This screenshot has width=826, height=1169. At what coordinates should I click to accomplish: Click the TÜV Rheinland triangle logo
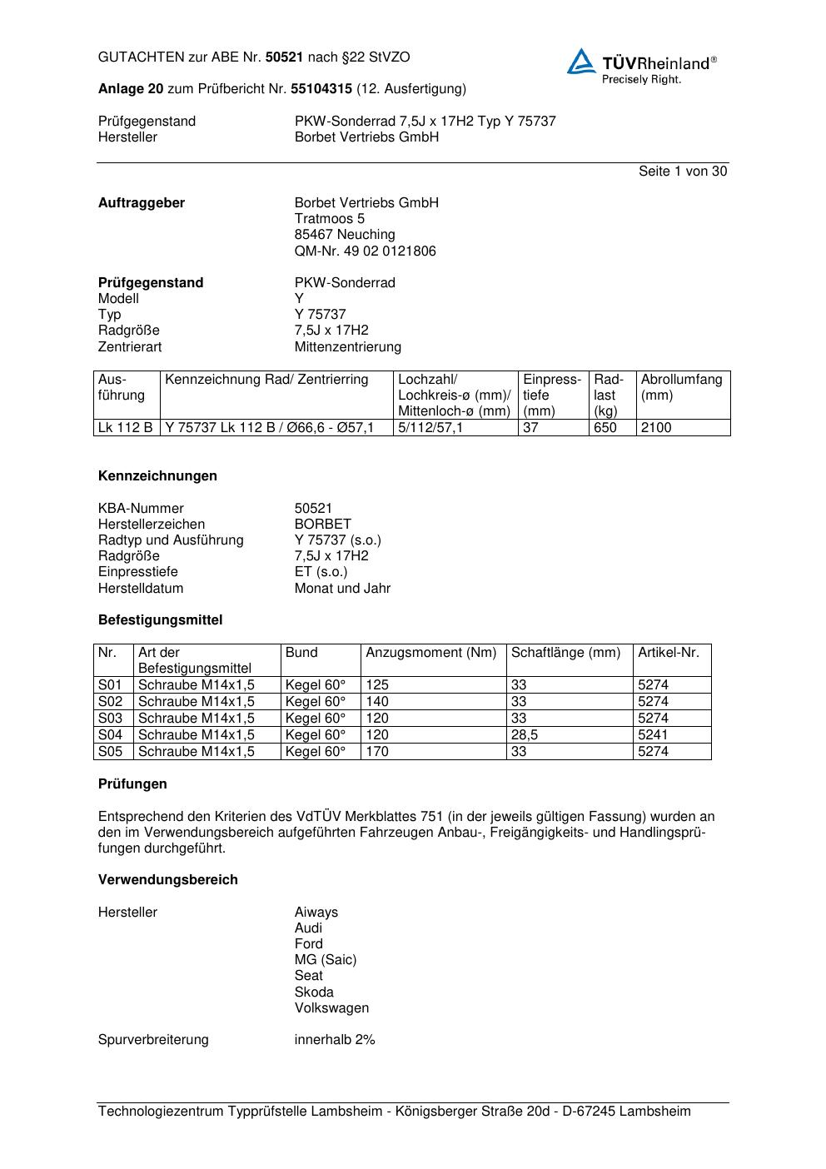581,62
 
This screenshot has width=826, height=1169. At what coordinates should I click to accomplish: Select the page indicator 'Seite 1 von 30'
682,172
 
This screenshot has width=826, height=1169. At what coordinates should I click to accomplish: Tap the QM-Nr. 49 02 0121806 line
365,251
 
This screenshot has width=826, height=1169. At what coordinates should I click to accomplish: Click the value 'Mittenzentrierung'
347,347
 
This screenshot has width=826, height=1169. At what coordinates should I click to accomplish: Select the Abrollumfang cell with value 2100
656,428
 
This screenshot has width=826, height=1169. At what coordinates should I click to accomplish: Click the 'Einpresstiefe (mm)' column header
551,395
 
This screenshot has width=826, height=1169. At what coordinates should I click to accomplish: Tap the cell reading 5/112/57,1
430,428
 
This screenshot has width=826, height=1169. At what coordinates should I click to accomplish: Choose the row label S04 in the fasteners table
110,735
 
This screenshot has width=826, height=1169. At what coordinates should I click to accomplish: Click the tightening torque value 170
377,752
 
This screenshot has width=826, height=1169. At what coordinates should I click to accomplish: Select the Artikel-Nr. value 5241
653,735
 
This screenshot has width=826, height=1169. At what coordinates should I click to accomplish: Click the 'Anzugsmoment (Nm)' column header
430,653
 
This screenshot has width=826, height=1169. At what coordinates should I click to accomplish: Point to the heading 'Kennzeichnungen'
157,476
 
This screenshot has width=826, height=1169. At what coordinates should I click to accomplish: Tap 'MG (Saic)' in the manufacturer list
325,960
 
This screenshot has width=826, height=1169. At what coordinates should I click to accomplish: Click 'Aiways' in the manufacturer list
316,913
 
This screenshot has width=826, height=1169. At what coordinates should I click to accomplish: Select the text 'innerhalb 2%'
335,1040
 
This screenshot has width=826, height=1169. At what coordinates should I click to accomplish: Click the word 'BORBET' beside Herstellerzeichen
322,525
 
